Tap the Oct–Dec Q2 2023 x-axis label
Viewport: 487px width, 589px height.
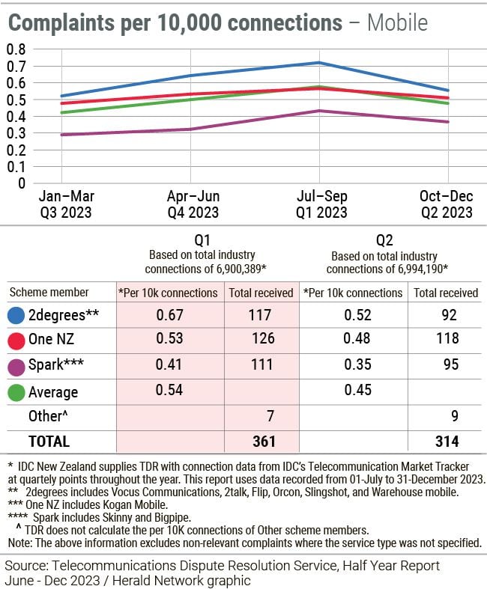point(447,204)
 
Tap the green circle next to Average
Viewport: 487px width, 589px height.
point(16,391)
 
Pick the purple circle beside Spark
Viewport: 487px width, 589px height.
point(16,367)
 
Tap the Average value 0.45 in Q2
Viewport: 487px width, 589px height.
point(351,391)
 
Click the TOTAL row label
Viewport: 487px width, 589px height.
point(49,441)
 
